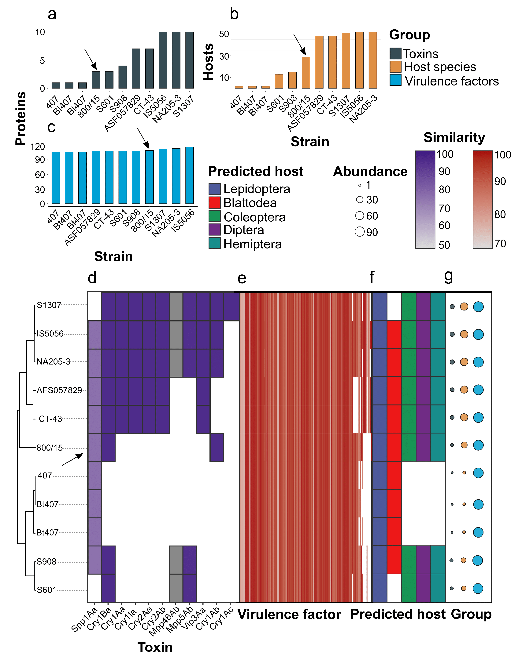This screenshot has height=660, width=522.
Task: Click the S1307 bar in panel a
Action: tap(190, 60)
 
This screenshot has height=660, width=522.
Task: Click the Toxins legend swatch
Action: tap(395, 53)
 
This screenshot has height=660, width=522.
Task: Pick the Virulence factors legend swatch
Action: tap(395, 80)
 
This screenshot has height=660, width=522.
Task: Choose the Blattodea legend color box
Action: tap(214, 203)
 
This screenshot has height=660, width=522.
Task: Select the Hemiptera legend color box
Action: tap(214, 243)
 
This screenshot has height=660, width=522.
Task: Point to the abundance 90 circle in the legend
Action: tap(360, 232)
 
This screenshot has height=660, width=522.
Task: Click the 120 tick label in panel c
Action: tap(38, 147)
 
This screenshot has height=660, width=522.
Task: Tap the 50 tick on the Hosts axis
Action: tap(224, 34)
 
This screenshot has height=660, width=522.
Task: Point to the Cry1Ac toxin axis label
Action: tap(222, 618)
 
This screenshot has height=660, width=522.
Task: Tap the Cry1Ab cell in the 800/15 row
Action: tap(217, 447)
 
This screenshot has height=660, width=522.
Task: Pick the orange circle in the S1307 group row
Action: tap(464, 306)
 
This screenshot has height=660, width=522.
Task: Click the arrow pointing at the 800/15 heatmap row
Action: tap(72, 459)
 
